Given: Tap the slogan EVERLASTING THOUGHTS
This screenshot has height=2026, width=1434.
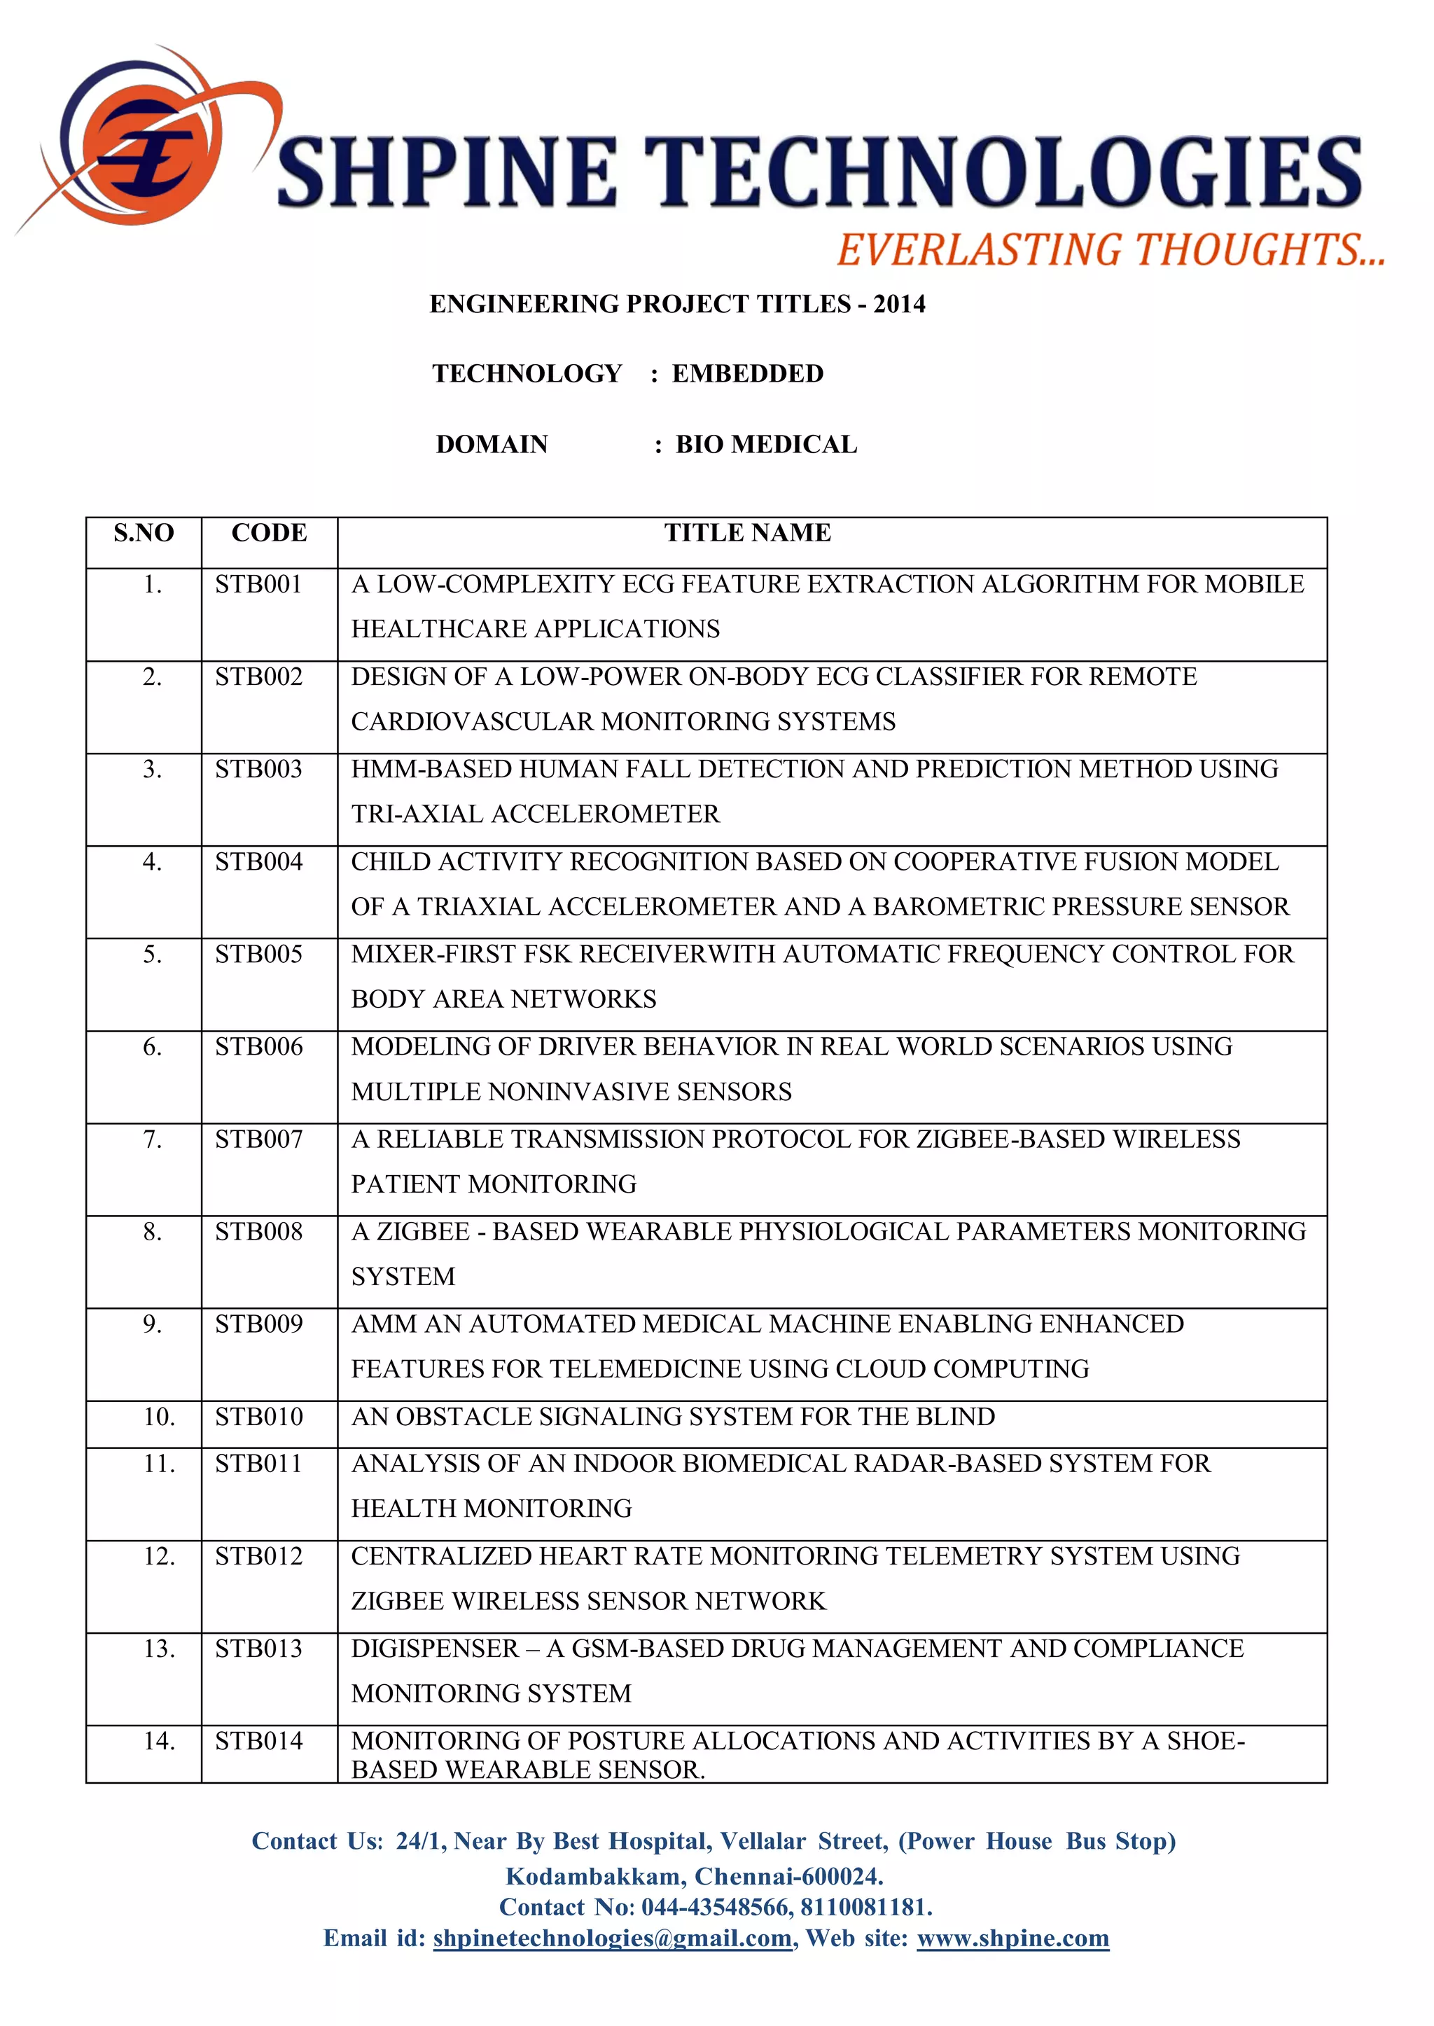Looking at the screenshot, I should coord(1110,250).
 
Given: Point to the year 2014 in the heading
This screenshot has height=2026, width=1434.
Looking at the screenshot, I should coord(899,305).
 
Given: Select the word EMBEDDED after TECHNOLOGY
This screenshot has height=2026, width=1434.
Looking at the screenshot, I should coord(747,373).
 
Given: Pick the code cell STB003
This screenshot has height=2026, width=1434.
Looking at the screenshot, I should coord(258,769).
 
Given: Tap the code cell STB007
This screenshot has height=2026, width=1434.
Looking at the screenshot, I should coord(258,1139).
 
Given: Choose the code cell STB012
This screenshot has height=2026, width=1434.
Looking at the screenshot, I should coord(258,1556).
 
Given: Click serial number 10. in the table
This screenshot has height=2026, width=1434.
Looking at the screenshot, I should coord(159,1417).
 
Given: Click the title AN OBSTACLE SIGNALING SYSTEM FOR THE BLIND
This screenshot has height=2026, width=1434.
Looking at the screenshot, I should coord(673,1417).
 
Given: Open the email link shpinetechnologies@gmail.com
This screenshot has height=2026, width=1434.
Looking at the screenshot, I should coord(612,1938).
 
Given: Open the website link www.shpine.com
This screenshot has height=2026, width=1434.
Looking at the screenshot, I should coord(1012,1938).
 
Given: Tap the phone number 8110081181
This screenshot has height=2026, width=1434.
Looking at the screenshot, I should coord(865,1907).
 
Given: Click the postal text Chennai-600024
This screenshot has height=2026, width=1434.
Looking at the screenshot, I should coord(788,1876).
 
